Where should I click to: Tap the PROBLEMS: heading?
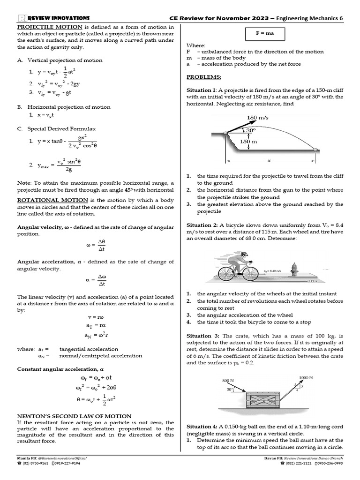tap(204, 77)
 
